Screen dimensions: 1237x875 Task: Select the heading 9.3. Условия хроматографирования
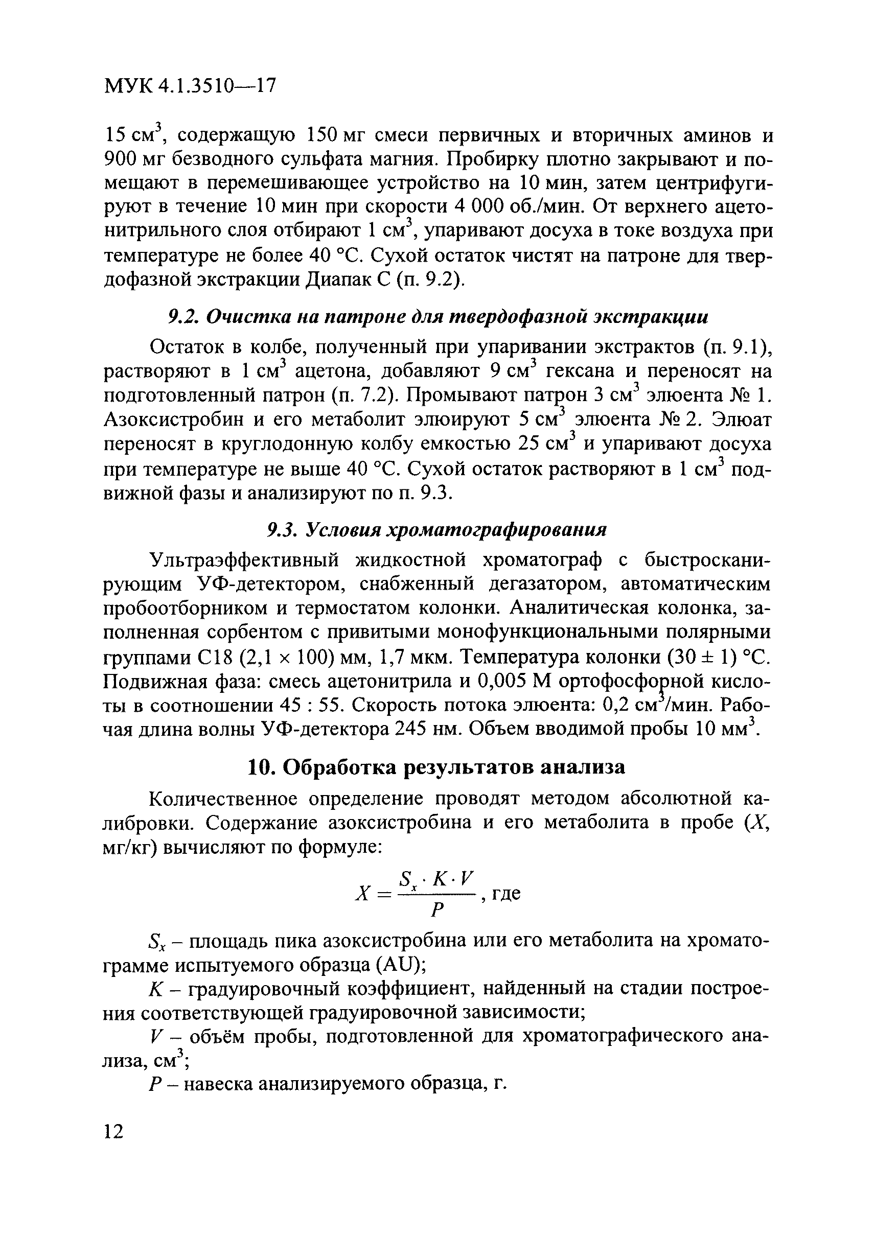[x=437, y=530]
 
